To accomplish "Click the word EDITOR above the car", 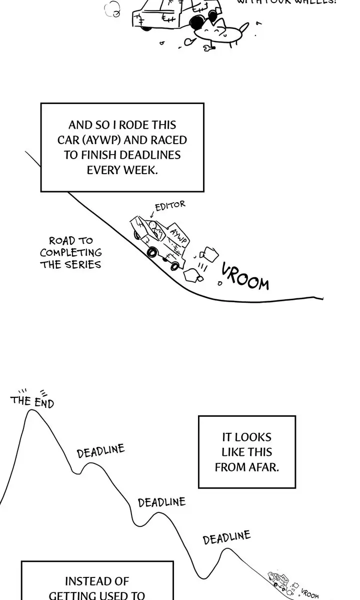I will pos(170,206).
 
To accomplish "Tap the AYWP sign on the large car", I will pos(178,235).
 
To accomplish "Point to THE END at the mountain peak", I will pos(32,401).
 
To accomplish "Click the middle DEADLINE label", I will pos(161,502).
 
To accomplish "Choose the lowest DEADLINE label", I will pos(226,538).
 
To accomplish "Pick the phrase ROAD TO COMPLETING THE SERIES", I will pos(71,253).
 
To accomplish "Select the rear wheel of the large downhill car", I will pos(152,251).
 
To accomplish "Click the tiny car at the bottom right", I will pos(277,580).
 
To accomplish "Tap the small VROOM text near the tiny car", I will pos(310,593).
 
